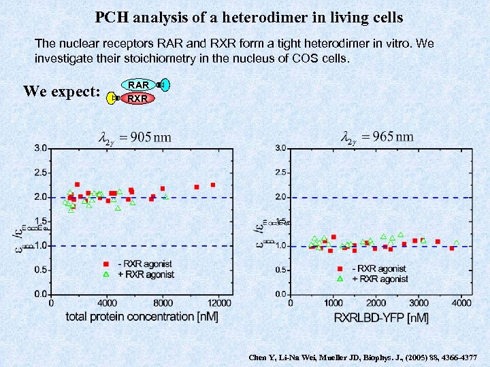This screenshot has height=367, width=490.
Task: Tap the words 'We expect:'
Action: (62, 91)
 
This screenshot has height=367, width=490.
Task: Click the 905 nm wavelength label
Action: (135, 137)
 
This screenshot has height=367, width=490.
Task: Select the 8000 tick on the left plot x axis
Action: (163, 302)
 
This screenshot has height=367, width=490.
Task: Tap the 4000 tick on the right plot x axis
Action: (461, 302)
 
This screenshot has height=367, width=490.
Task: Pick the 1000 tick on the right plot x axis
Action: (333, 302)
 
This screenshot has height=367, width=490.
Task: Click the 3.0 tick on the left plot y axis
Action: (41, 147)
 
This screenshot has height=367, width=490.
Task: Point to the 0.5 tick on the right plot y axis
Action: (280, 270)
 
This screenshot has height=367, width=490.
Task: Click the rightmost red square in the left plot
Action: (212, 184)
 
